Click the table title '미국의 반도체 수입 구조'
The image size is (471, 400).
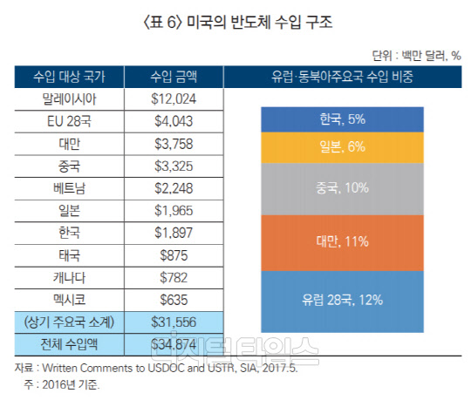tap(235, 19)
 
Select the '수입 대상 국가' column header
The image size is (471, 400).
tap(66, 77)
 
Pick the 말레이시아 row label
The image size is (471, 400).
tap(66, 98)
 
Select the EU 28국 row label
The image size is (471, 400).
tap(66, 121)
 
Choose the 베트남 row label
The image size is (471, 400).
tap(66, 188)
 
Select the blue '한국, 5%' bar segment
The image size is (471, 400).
tap(341, 119)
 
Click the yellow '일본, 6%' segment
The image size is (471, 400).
tap(341, 147)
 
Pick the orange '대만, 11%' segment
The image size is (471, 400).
tap(341, 241)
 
